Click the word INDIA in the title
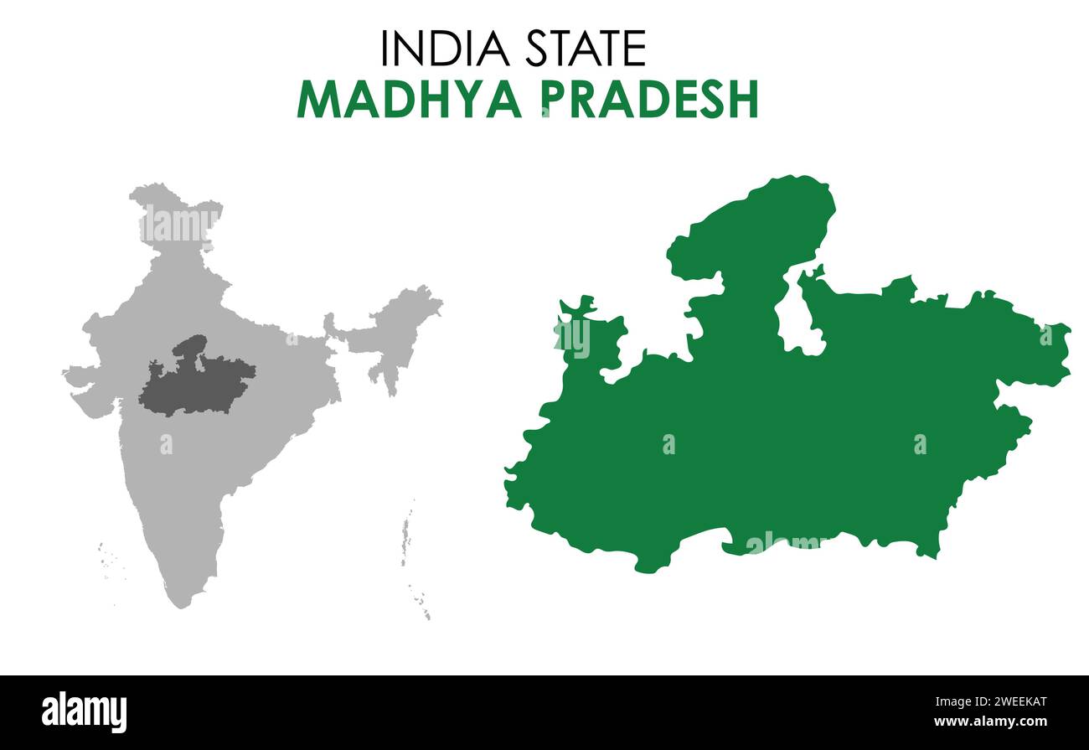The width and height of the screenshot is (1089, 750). (445, 49)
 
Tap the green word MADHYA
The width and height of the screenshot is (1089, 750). (409, 100)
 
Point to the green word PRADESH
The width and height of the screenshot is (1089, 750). (649, 100)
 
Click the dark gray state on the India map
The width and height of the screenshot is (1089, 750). (197, 381)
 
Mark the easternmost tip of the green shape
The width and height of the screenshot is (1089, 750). (1067, 352)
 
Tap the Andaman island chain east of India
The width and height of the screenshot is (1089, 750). (406, 536)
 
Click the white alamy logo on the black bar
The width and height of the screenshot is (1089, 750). (85, 711)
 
